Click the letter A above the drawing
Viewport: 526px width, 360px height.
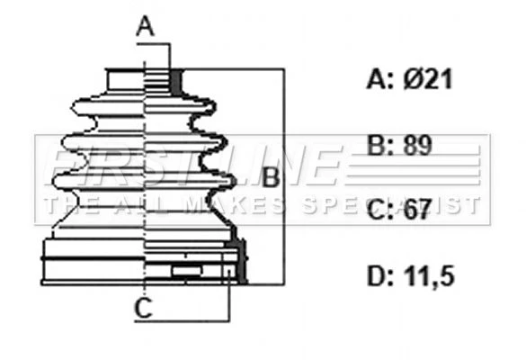point(145,26)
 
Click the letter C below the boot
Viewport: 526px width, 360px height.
point(143,307)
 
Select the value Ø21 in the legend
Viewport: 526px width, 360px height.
point(428,79)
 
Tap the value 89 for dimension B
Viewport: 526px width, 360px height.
point(417,145)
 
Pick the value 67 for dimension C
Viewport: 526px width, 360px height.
point(417,209)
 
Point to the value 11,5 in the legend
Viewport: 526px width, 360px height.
point(429,276)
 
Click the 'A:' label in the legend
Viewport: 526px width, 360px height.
point(380,79)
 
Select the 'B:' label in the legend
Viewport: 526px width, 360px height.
point(380,146)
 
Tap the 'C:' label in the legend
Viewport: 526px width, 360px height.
point(380,209)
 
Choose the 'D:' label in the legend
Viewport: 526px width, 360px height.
point(380,276)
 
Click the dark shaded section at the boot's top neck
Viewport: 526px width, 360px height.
point(175,81)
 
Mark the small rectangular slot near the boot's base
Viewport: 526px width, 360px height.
point(187,271)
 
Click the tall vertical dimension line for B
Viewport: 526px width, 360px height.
point(284,176)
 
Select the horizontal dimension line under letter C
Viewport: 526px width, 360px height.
point(183,321)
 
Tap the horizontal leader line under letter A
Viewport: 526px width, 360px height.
point(154,44)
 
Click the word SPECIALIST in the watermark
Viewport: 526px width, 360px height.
point(391,205)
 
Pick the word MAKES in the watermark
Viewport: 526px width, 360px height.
point(236,205)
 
